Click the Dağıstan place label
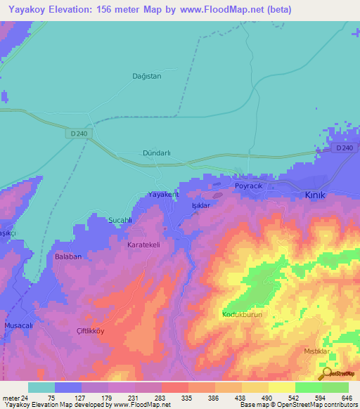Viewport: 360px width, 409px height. point(147,76)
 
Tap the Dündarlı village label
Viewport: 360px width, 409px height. point(157,152)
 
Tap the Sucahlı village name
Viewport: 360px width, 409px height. point(120,220)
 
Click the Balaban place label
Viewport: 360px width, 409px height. point(68,257)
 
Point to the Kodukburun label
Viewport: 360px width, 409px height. point(242,314)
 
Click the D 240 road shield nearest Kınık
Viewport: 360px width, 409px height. point(344,148)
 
